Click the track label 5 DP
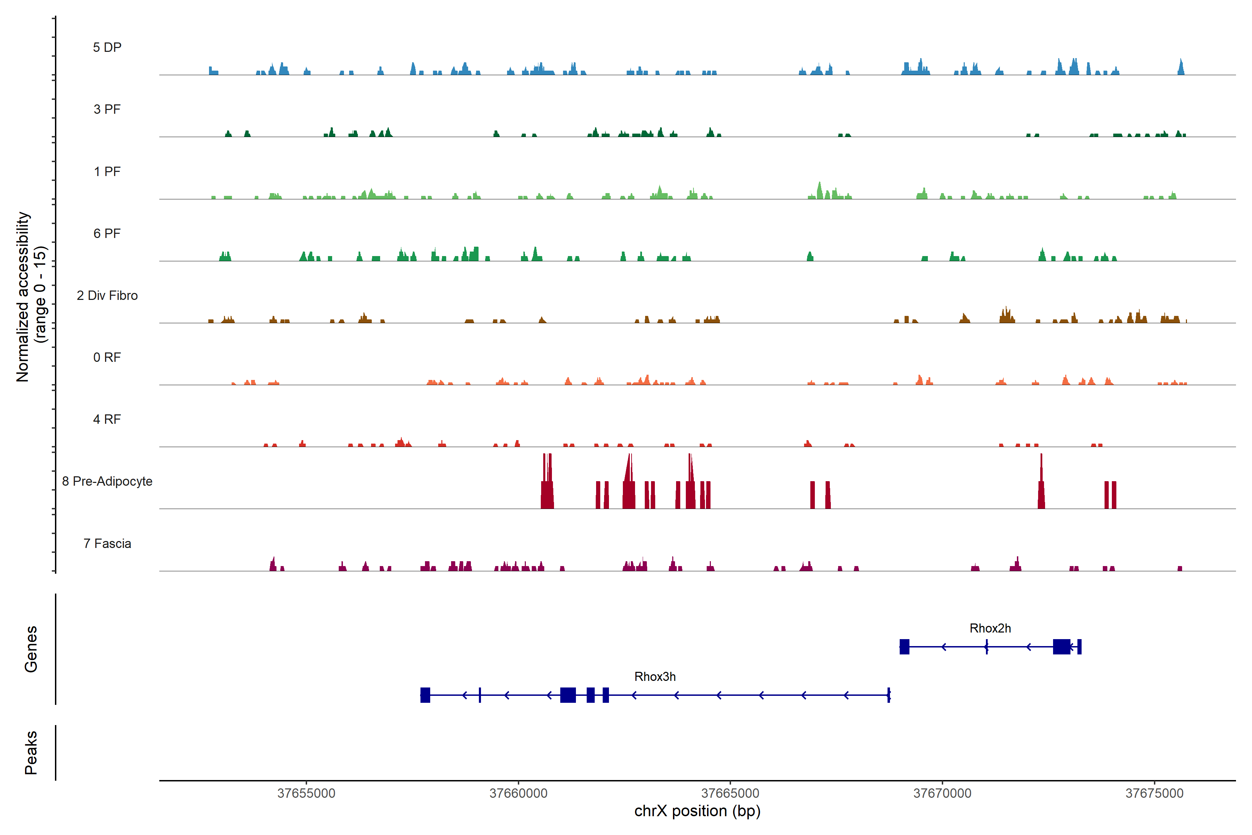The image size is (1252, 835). [107, 47]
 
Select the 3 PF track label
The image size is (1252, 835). [107, 109]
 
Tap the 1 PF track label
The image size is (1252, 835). [107, 172]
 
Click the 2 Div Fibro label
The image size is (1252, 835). [107, 295]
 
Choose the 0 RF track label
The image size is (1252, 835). [107, 357]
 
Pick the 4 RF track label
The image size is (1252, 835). [107, 419]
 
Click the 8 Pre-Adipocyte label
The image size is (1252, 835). [107, 482]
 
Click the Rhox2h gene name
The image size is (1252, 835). [990, 628]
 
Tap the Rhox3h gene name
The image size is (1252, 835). [655, 677]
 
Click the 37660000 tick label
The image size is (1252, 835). [519, 794]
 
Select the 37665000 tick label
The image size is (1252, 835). [730, 794]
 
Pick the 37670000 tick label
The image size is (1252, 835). [942, 794]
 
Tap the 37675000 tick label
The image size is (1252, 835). [1154, 794]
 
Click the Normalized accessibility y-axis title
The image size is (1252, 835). [31, 297]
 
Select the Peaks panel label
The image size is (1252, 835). [31, 753]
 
